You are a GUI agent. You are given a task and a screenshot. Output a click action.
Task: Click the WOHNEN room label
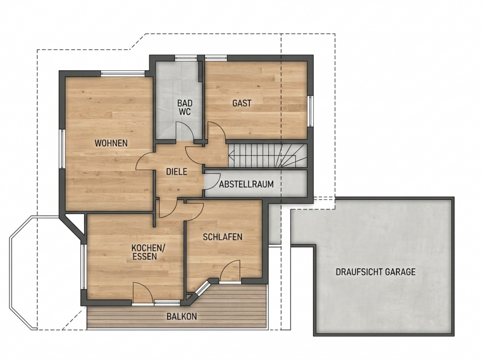click(111, 143)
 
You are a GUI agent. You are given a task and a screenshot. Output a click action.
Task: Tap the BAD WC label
click(185, 107)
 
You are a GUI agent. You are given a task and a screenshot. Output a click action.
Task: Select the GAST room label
click(242, 103)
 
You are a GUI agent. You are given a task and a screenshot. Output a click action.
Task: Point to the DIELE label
click(177, 171)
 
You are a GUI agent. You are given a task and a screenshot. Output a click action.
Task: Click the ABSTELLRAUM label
click(246, 184)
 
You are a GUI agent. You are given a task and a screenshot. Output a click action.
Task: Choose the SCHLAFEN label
click(223, 237)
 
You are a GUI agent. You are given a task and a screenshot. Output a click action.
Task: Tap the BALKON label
click(182, 317)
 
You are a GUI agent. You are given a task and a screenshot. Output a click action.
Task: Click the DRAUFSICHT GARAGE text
click(376, 272)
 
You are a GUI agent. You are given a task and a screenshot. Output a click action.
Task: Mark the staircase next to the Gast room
click(267, 156)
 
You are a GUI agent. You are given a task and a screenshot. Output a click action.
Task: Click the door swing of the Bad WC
click(184, 132)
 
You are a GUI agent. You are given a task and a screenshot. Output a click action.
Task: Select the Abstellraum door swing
click(212, 181)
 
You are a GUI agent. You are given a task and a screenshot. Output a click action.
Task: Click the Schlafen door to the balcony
click(230, 270)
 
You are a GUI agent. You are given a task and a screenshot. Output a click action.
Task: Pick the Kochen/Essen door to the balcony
click(143, 293)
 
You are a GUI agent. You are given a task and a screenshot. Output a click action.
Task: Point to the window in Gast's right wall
click(311, 111)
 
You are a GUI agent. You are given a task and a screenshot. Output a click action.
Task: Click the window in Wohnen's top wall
click(123, 73)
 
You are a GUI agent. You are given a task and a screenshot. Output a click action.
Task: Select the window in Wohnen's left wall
click(62, 148)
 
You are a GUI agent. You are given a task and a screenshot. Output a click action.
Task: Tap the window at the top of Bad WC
click(186, 58)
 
